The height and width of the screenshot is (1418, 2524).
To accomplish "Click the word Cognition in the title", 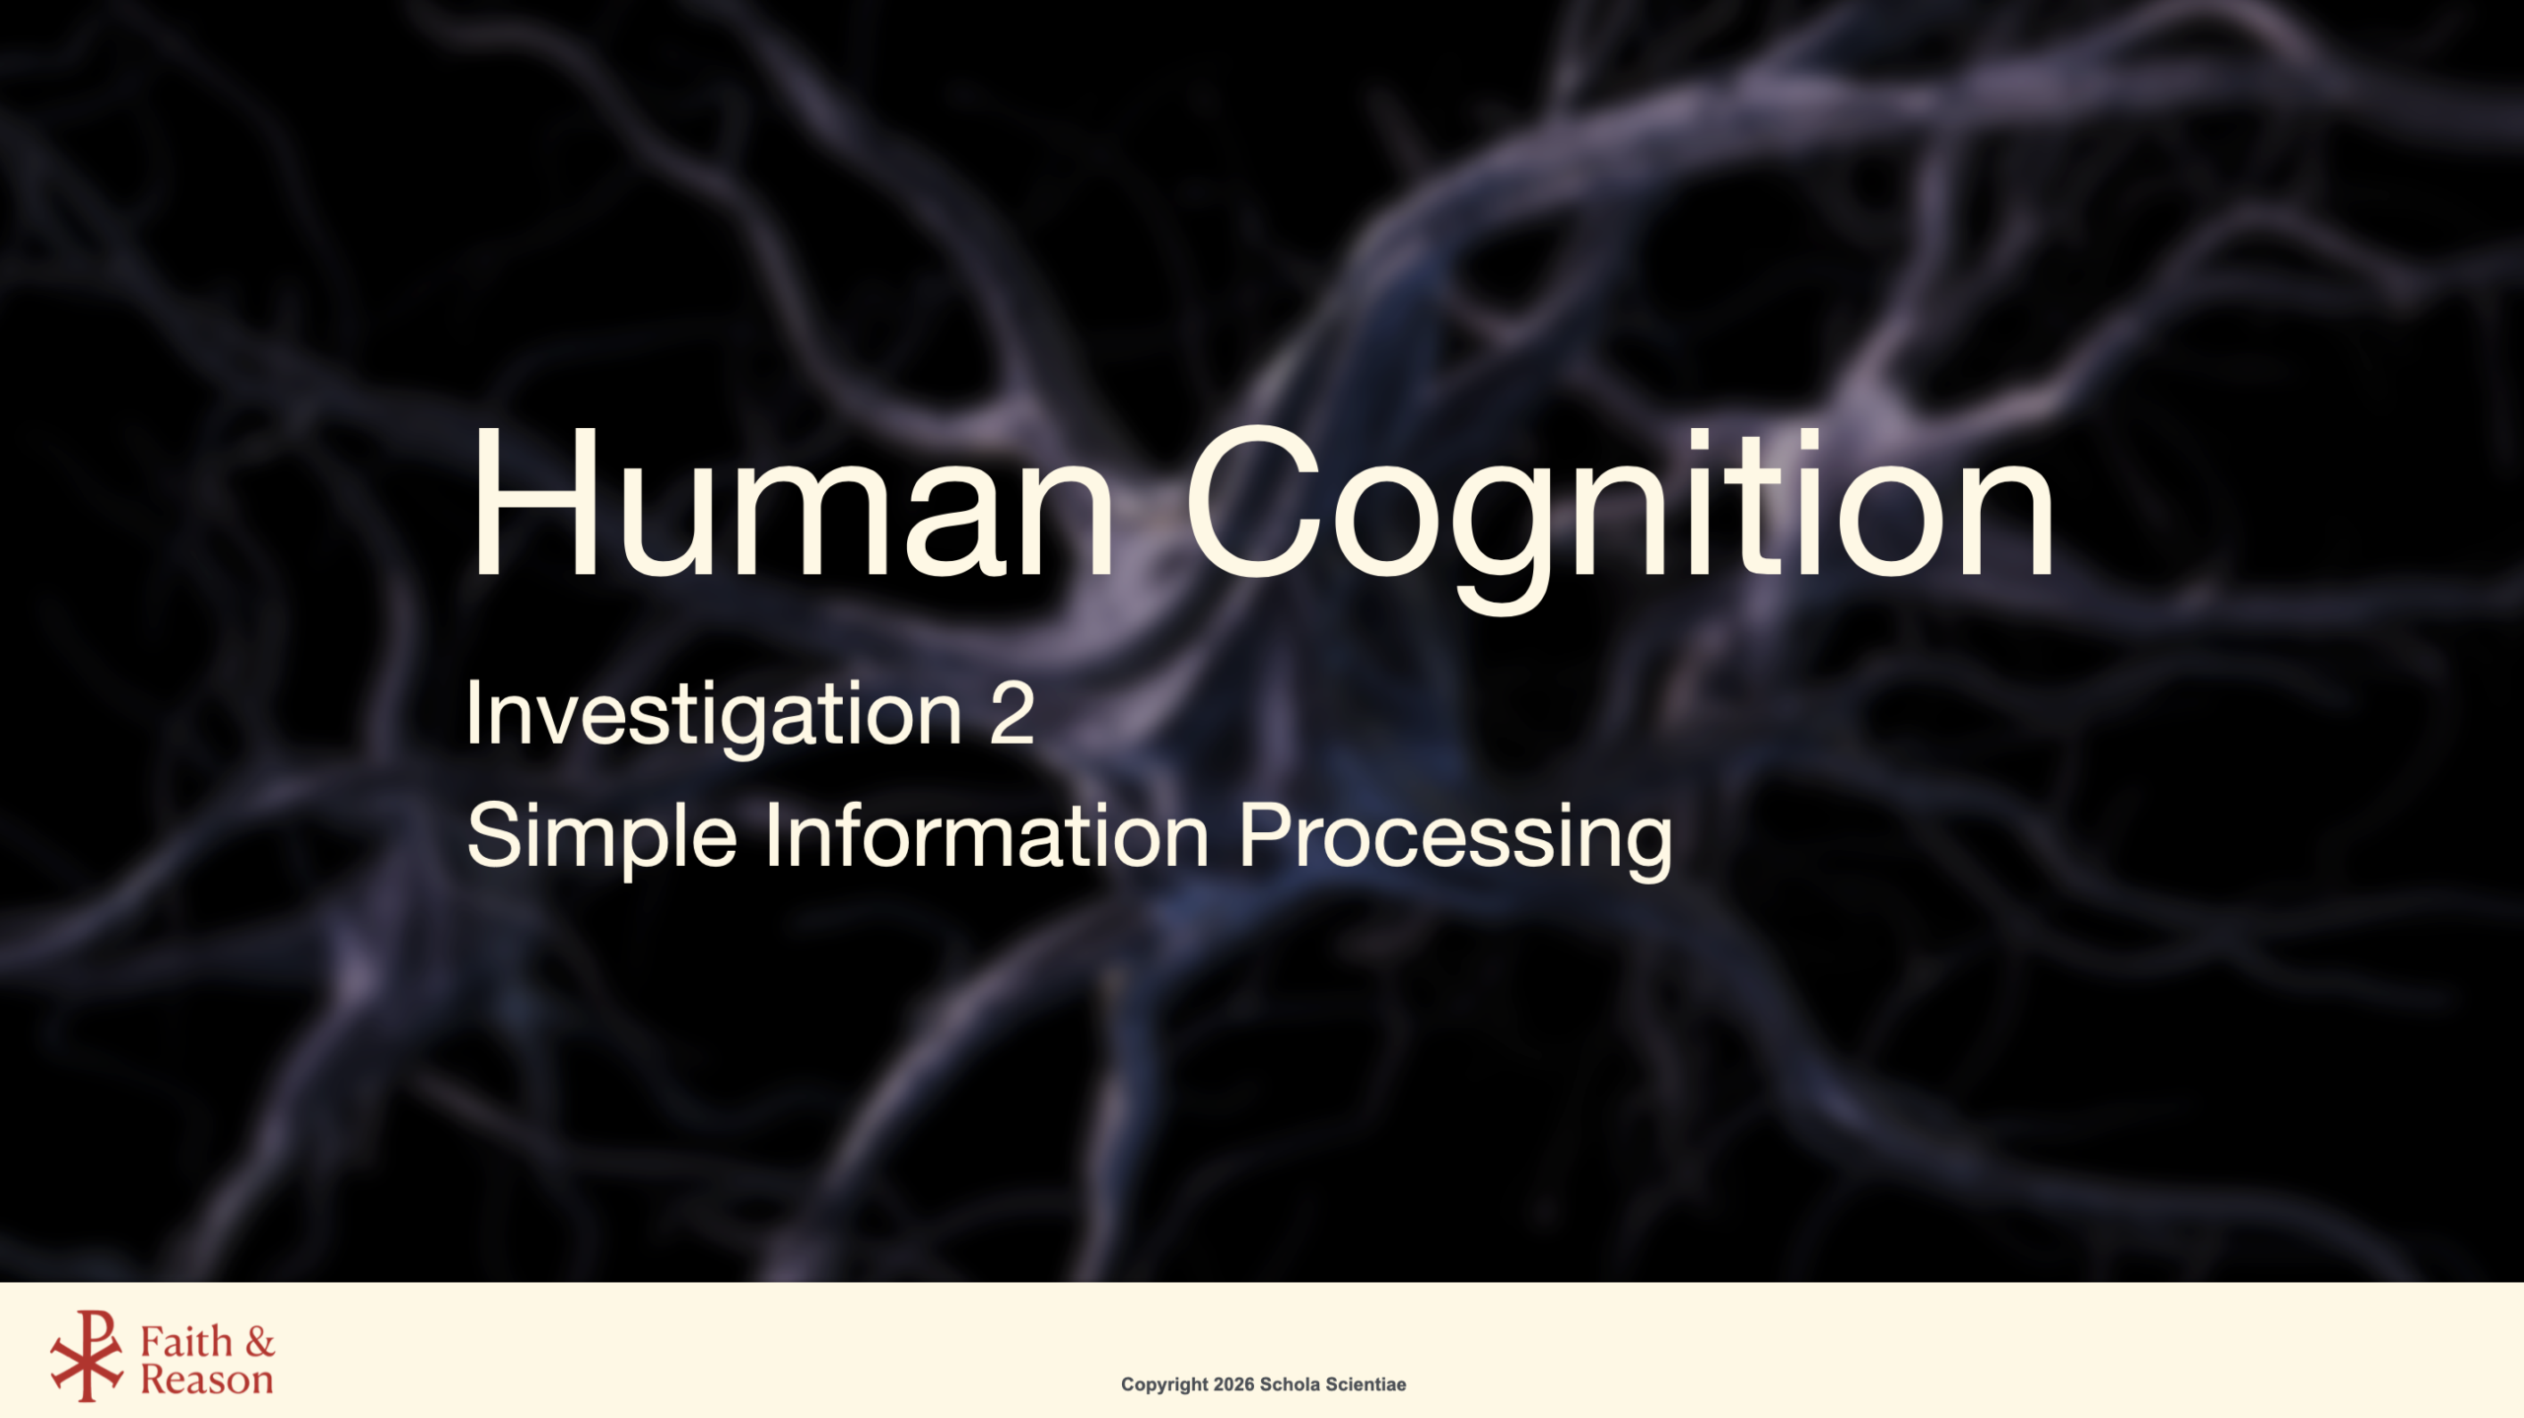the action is pos(1621,517).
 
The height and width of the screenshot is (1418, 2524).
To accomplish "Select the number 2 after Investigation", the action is pos(1012,712).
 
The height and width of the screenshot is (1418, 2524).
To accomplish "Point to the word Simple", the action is pos(601,836).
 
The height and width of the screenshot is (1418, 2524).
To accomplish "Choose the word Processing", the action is pos(1455,838).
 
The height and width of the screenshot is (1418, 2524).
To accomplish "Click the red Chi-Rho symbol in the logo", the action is pos(87,1356).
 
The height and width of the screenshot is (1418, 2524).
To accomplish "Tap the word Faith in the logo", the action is pos(186,1341).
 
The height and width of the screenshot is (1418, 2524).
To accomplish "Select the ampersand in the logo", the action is pos(260,1342).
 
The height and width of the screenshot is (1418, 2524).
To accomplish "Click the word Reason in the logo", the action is pos(207,1380).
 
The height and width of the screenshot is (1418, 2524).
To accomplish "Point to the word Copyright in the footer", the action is pos(1164,1384).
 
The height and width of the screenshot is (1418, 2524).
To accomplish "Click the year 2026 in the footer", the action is pos(1233,1383).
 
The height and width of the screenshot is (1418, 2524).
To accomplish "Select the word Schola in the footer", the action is pos(1290,1383).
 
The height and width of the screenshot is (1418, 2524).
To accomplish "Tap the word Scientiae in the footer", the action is pos(1366,1383).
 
